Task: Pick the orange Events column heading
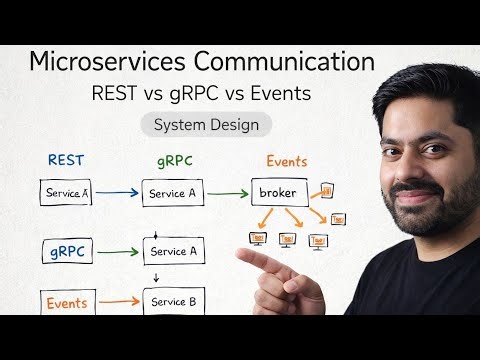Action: click(x=286, y=160)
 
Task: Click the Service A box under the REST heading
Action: click(x=66, y=193)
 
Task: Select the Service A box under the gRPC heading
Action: click(x=179, y=193)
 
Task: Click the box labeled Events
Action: click(x=67, y=302)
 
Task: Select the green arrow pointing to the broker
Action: click(x=233, y=192)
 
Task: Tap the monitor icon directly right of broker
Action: click(x=327, y=190)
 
